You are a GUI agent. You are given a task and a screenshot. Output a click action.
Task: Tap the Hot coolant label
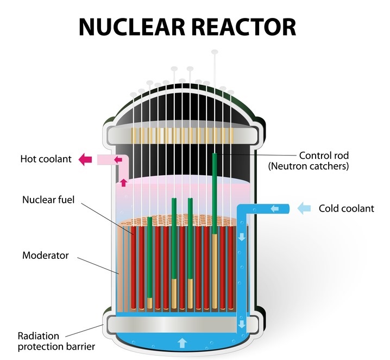point(46,159)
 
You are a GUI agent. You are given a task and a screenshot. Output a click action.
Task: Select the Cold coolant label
point(346,208)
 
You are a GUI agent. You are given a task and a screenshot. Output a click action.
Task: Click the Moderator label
point(45,255)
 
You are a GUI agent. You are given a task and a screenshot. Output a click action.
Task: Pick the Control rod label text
point(324,156)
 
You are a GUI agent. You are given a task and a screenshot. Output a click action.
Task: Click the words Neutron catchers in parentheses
point(308,166)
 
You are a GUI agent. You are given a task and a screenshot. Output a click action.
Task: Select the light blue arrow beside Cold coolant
point(305,208)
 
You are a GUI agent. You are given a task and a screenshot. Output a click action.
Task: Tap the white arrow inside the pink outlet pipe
point(118,159)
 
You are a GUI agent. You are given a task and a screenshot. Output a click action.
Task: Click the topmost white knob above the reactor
point(215,52)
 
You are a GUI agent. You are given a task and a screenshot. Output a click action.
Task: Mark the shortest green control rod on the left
point(149,256)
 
